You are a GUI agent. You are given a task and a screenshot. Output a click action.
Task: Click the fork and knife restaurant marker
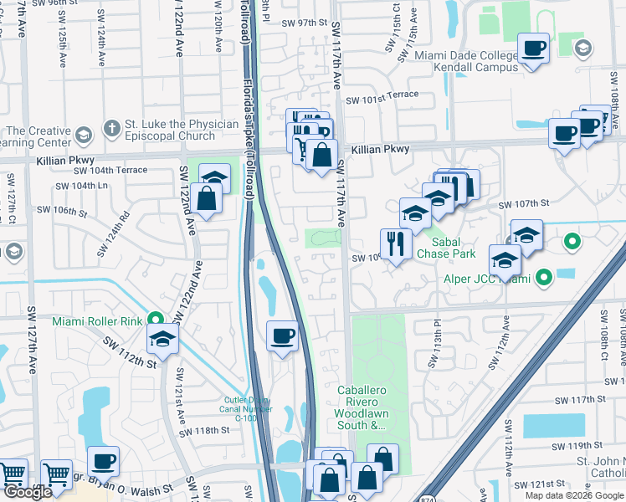(395, 243)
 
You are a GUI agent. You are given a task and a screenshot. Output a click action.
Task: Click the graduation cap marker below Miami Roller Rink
(163, 338)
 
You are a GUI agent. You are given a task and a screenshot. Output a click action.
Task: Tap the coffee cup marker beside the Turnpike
(282, 336)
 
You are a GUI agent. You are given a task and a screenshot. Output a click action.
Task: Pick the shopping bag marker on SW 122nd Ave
(205, 199)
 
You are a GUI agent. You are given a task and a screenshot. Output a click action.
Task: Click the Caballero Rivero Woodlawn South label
(364, 407)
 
